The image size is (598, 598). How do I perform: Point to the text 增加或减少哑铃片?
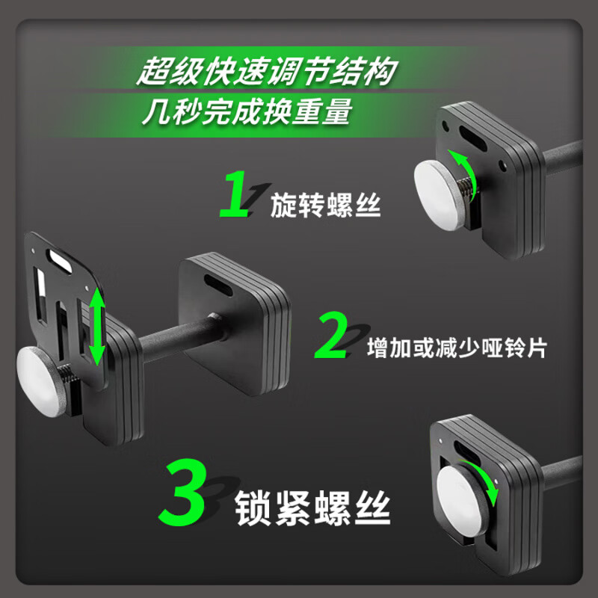(x=457, y=348)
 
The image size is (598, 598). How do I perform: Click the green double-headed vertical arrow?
(x=96, y=327)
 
